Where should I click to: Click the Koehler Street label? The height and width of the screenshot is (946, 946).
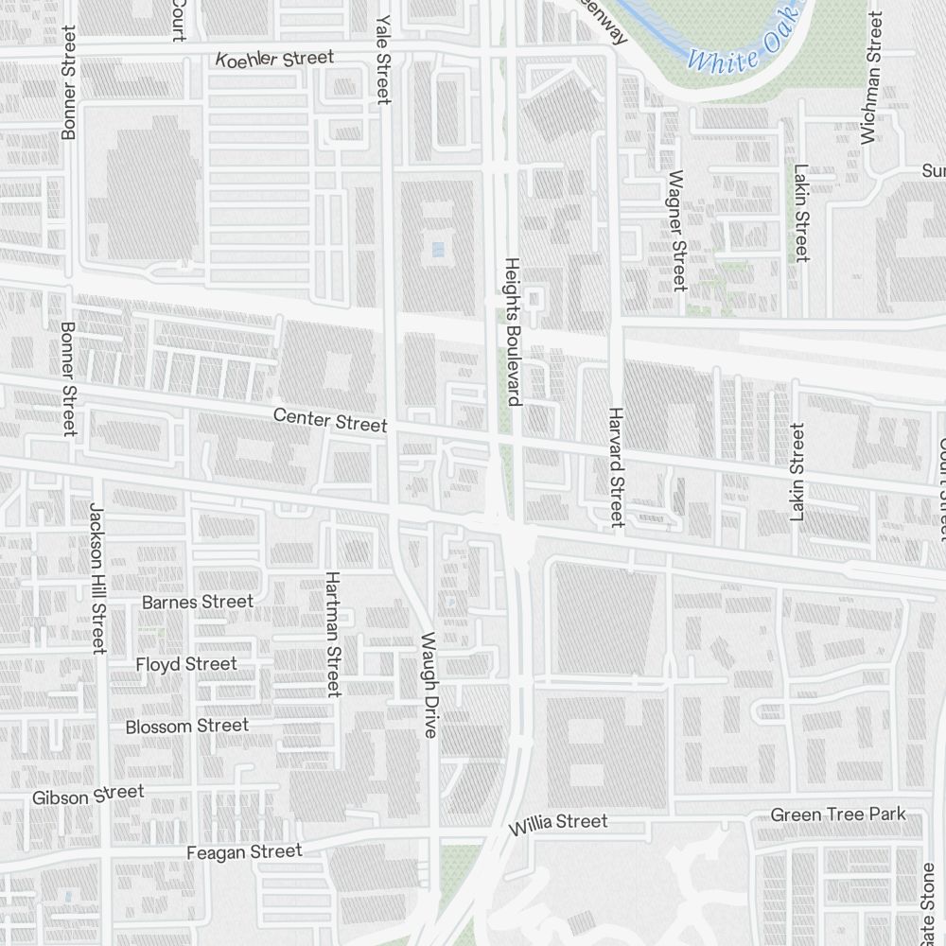[x=274, y=59]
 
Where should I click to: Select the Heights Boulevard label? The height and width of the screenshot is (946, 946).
[x=513, y=331]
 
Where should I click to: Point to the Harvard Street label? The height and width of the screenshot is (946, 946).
[x=616, y=466]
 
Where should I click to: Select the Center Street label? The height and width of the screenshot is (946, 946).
[x=329, y=419]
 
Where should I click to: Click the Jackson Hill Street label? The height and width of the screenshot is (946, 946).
[x=96, y=577]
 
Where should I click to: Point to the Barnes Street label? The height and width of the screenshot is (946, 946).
[x=197, y=602]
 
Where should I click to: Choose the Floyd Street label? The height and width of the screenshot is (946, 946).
[x=185, y=664]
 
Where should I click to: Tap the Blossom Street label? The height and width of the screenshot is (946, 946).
[x=187, y=726]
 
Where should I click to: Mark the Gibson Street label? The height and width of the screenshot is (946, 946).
[x=87, y=796]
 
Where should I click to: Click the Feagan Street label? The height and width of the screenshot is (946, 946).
[x=244, y=852]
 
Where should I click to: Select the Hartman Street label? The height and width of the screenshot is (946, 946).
[x=332, y=634]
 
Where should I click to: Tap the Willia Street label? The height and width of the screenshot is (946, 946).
[x=557, y=823]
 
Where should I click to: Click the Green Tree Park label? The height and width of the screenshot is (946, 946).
[x=837, y=815]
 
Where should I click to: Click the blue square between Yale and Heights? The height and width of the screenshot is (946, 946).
[x=436, y=249]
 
